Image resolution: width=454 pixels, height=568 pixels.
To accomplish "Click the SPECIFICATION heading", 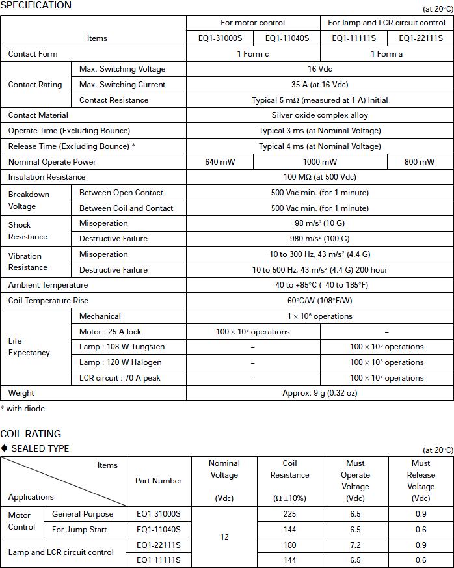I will tap(36, 5).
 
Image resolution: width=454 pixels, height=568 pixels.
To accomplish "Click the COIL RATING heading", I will tap(31, 434).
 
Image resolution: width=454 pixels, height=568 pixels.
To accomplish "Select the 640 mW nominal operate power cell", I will tap(220, 162).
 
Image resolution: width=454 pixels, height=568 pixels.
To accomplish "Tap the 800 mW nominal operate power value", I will tap(420, 162).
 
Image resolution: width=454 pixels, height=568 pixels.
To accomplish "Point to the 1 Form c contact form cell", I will tap(252, 54).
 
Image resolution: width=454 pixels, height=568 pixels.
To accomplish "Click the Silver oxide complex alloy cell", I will tap(319, 115).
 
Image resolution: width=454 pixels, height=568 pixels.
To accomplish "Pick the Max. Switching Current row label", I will tap(122, 85).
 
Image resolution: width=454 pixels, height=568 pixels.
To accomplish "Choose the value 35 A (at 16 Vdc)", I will tap(319, 85).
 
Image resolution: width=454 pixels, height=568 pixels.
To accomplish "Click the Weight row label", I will tap(21, 393).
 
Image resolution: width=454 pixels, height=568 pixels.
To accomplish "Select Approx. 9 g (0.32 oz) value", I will tap(319, 393).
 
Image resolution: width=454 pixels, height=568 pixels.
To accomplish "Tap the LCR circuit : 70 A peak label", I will tap(120, 378).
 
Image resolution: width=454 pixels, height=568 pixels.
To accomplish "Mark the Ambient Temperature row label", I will tap(47, 285).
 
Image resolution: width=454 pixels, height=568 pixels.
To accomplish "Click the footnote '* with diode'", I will tap(23, 409).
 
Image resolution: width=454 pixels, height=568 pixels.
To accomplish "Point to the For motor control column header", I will tap(253, 23).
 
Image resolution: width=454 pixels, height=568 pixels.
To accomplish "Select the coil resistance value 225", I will tap(290, 514).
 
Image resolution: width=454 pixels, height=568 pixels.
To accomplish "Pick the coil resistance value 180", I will tap(290, 545).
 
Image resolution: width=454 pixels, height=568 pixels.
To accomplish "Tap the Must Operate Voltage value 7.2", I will tap(355, 545).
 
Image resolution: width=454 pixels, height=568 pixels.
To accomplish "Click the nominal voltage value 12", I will tap(224, 537).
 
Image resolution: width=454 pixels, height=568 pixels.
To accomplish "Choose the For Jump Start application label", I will tap(79, 530).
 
